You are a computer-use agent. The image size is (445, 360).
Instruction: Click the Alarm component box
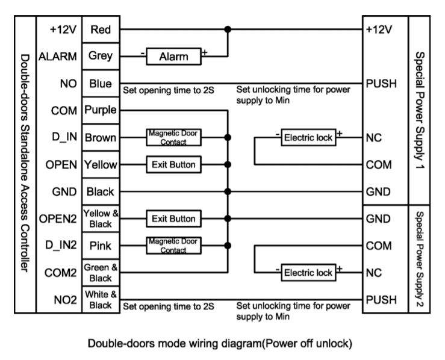click(x=173, y=57)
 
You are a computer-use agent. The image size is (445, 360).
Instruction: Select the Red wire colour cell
click(x=101, y=28)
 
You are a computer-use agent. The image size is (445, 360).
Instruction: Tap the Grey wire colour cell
click(x=101, y=57)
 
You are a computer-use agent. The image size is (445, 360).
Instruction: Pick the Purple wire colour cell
click(x=101, y=110)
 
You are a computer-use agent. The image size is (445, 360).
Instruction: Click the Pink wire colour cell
click(x=101, y=246)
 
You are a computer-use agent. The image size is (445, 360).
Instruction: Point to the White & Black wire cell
click(x=101, y=299)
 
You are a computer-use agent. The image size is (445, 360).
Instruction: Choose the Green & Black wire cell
click(x=101, y=272)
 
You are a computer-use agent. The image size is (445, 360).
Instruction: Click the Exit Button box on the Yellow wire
click(x=173, y=164)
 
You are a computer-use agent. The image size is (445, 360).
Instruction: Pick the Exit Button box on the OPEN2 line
click(x=173, y=219)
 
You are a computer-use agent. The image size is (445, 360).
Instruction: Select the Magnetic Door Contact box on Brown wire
click(x=173, y=137)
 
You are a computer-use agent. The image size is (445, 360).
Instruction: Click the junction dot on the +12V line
click(x=228, y=28)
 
